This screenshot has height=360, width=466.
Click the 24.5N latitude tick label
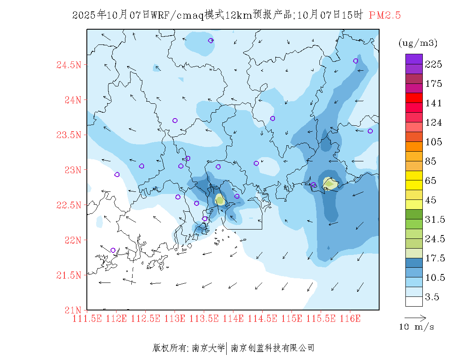tap(69, 65)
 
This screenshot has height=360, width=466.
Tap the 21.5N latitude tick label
tap(69, 275)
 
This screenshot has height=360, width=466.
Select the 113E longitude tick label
tap(175, 318)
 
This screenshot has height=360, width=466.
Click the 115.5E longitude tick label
tap(321, 318)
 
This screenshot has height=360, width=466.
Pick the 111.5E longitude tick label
tap(88, 318)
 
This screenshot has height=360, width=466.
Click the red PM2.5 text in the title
tap(385, 16)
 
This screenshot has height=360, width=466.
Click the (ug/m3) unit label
tap(418, 43)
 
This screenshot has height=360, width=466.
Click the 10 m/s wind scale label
tap(416, 327)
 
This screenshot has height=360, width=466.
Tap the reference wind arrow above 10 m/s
tap(415, 317)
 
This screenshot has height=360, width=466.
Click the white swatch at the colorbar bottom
tap(414, 301)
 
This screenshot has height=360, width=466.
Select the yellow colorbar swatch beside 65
tap(414, 175)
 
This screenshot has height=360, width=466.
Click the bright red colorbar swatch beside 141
tap(414, 98)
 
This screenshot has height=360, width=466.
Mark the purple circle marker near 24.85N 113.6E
tap(211, 40)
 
